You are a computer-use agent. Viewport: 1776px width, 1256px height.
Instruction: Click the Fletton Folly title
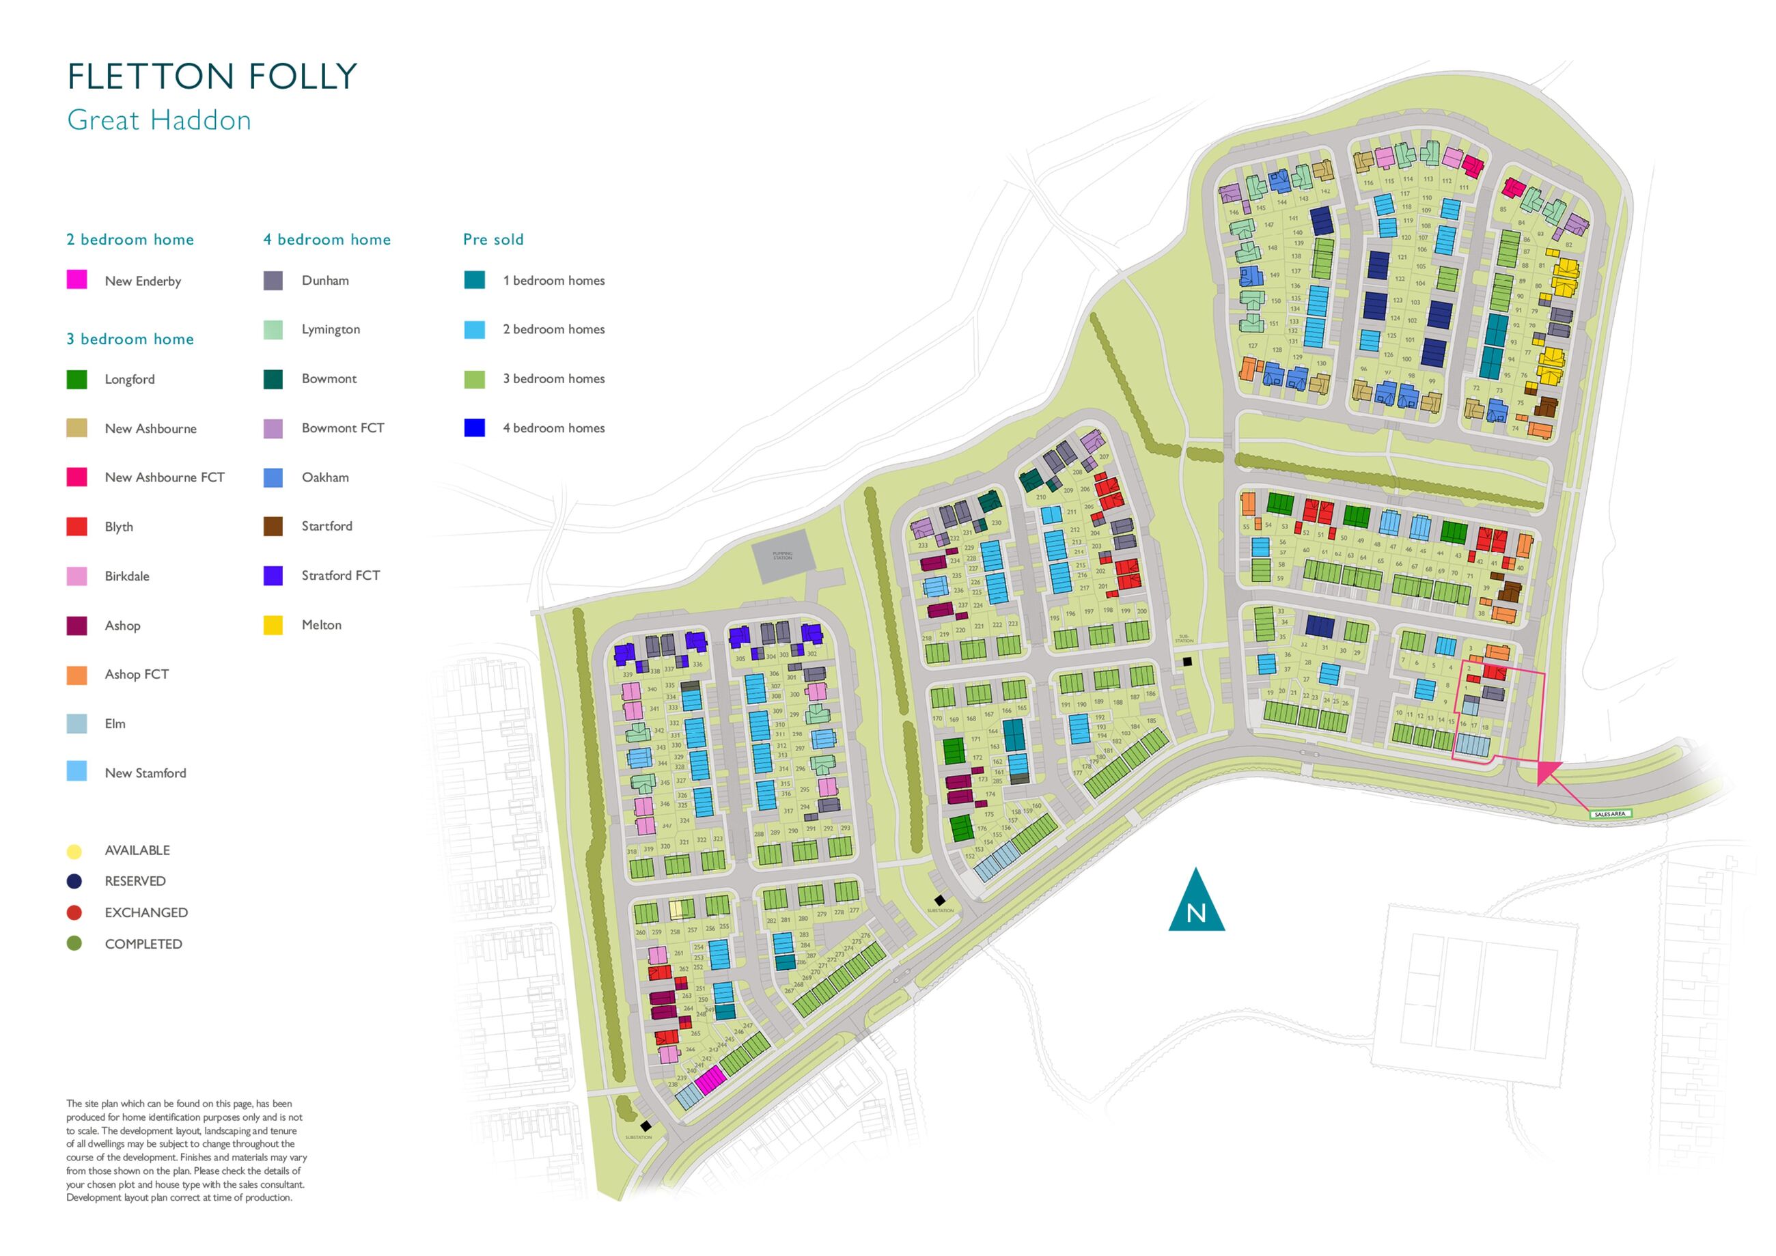tap(212, 76)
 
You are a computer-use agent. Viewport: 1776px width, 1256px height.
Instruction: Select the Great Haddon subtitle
tap(159, 121)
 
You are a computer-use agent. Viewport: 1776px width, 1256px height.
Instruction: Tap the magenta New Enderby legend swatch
tap(77, 280)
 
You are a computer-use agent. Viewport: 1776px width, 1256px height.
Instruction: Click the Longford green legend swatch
tap(77, 379)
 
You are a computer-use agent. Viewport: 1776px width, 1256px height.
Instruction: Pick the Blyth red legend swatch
tap(77, 527)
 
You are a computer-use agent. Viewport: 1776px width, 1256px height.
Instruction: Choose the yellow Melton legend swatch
tap(273, 625)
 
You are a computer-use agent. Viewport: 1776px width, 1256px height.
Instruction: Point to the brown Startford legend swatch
tap(273, 527)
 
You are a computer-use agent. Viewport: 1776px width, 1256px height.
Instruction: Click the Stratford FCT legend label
tap(340, 575)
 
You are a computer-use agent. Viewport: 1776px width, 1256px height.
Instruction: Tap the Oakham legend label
tap(325, 477)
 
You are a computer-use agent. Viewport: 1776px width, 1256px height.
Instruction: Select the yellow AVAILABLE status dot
tap(74, 852)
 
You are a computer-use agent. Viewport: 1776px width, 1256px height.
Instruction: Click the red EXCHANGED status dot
tap(74, 912)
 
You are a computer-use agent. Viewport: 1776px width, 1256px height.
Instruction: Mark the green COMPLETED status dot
tap(74, 944)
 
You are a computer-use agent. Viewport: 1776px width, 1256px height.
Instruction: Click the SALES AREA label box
tap(1611, 813)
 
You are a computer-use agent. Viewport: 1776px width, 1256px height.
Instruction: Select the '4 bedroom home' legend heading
tap(327, 240)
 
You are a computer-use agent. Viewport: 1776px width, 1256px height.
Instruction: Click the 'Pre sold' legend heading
tap(492, 240)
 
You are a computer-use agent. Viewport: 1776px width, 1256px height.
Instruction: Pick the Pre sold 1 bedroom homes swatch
tap(474, 280)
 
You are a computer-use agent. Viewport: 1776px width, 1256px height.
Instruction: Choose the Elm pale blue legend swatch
tap(77, 723)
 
